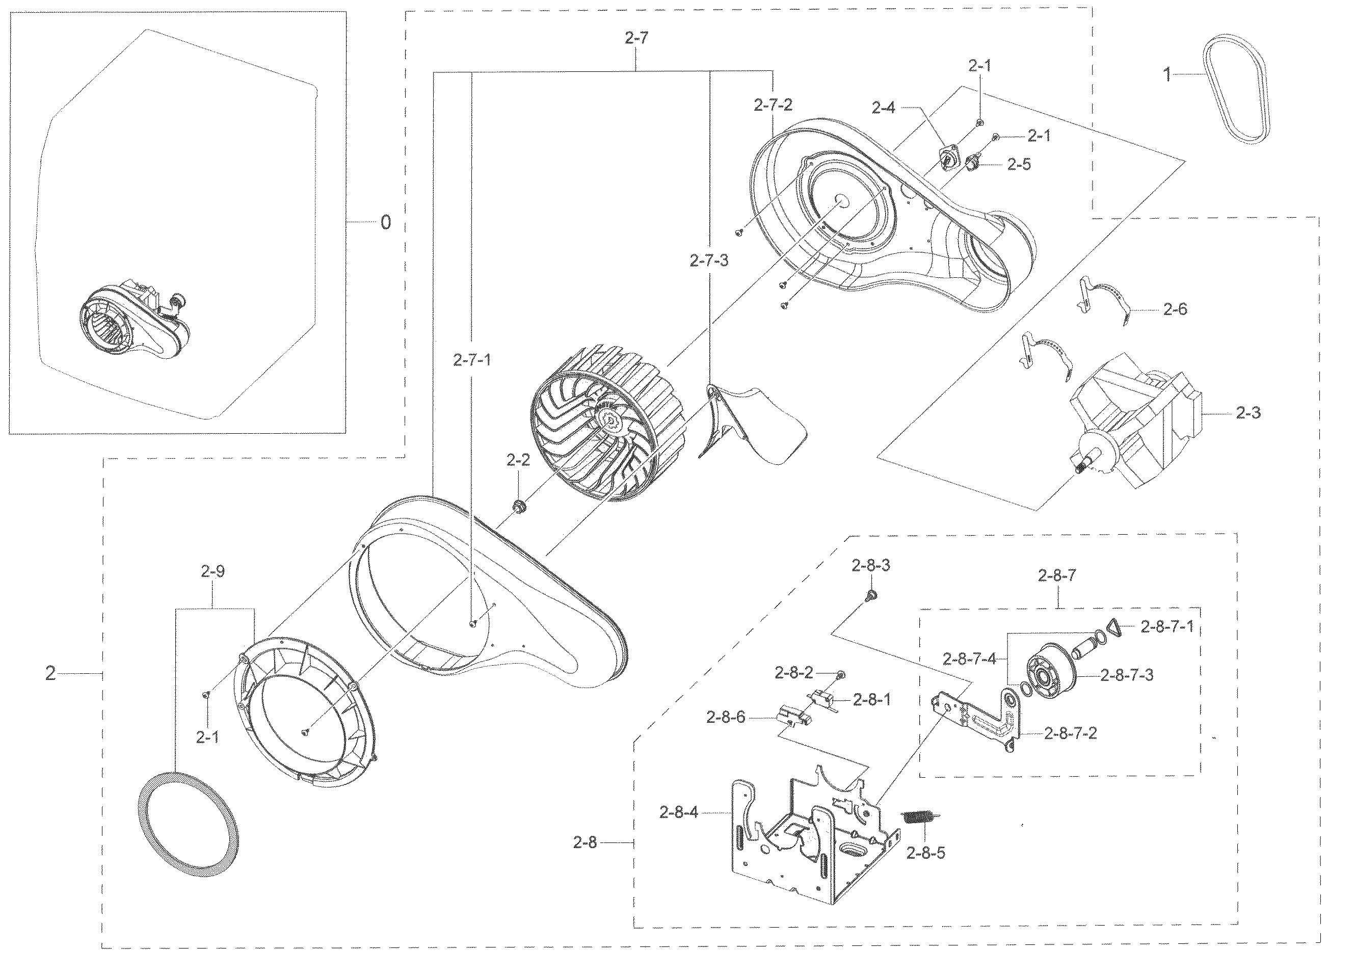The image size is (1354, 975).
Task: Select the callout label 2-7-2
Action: point(773,106)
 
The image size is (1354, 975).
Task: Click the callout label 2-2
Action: point(518,460)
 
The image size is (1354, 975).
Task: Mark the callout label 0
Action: point(386,223)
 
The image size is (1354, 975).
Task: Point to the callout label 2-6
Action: point(1175,309)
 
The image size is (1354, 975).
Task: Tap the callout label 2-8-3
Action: point(871,565)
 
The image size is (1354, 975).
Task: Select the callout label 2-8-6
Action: point(725,717)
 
